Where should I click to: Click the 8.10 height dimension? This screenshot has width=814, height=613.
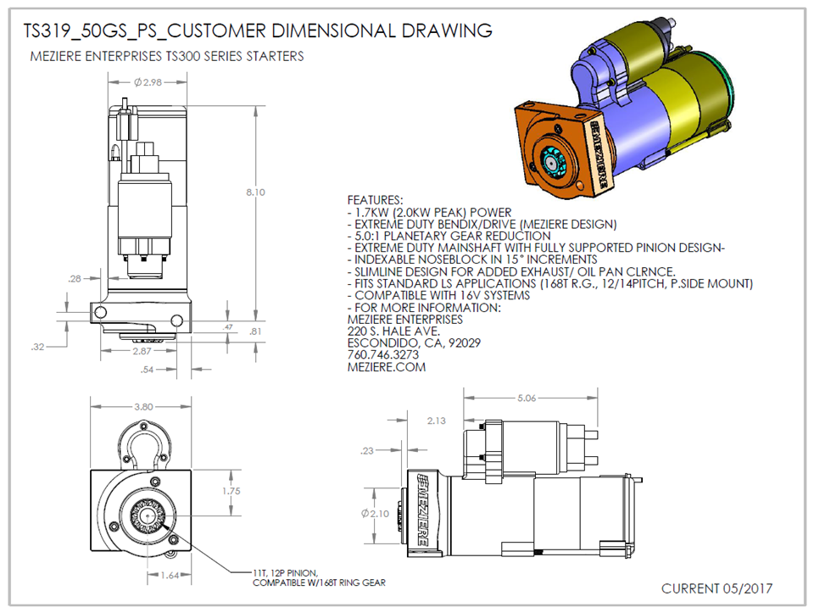tap(255, 192)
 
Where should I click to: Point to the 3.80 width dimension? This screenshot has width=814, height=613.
tap(144, 407)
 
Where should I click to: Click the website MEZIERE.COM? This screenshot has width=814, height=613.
tap(387, 368)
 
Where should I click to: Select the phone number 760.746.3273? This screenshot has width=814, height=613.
tap(383, 355)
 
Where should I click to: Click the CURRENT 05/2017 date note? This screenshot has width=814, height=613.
tap(716, 588)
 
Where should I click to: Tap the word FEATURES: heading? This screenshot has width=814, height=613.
tap(376, 200)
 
